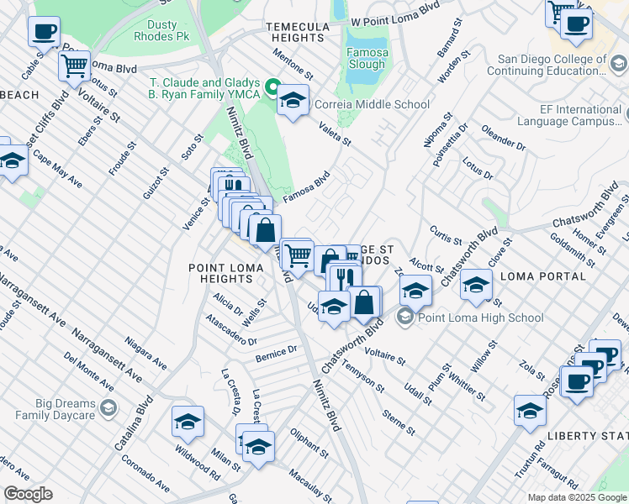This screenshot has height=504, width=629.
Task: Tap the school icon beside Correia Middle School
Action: (x=292, y=101)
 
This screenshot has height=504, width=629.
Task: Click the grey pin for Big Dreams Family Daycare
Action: (x=108, y=408)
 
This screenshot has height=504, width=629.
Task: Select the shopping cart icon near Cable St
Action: (x=75, y=64)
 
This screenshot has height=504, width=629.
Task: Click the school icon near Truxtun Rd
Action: (x=530, y=411)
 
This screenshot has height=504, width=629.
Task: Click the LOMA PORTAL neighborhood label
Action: (x=542, y=276)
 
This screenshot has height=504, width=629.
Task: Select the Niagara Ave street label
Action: (x=145, y=353)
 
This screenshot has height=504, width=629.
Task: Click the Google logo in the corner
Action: (x=28, y=494)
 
